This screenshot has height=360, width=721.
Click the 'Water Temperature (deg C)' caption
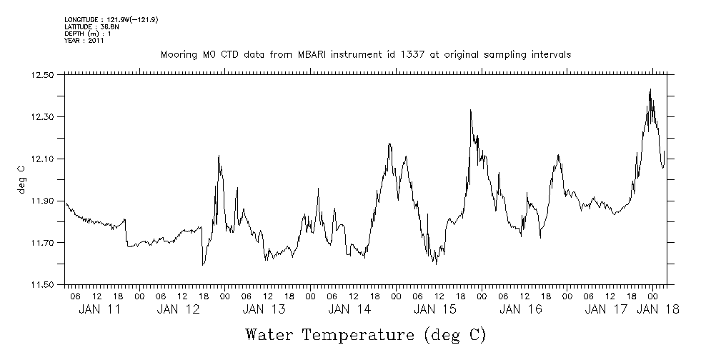pyautogui.click(x=365, y=334)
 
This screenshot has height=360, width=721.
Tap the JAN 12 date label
pyautogui.click(x=178, y=309)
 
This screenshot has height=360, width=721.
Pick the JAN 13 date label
pyautogui.click(x=264, y=309)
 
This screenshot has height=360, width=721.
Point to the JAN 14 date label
pyautogui.click(x=349, y=309)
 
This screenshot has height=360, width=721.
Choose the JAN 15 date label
pyautogui.click(x=435, y=309)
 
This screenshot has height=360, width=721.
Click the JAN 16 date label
pyautogui.click(x=521, y=309)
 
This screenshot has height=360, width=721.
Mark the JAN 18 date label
pyautogui.click(x=657, y=309)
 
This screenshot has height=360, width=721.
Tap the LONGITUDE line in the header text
pyautogui.click(x=111, y=20)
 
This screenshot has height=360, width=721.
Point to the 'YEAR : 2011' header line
pyautogui.click(x=84, y=41)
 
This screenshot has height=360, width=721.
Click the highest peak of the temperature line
pyautogui.click(x=650, y=89)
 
